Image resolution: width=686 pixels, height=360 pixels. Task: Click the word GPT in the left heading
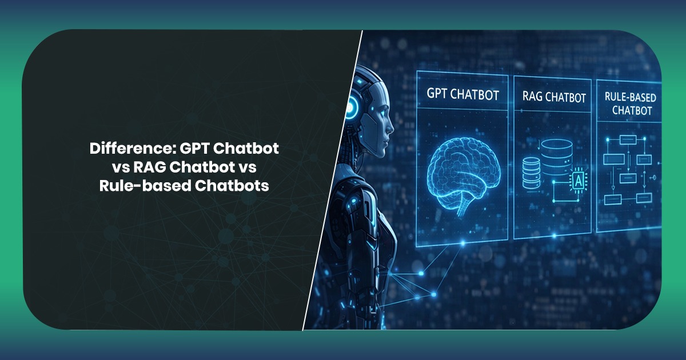click(201, 149)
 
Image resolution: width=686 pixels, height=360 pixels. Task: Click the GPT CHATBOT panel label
click(462, 94)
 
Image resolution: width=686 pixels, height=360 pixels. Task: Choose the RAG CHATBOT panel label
click(554, 97)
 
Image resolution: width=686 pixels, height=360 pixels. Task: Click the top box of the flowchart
click(628, 139)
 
